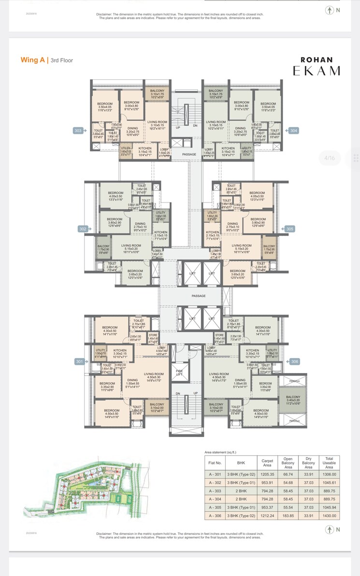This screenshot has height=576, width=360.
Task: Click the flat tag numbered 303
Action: pyautogui.click(x=78, y=130)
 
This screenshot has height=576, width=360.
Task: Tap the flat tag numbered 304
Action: pyautogui.click(x=294, y=130)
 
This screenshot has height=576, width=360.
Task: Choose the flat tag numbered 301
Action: pyautogui.click(x=79, y=361)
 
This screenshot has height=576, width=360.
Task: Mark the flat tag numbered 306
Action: pyautogui.click(x=294, y=361)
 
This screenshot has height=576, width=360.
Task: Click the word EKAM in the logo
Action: pyautogui.click(x=316, y=71)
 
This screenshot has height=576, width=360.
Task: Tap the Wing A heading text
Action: pyautogui.click(x=32, y=60)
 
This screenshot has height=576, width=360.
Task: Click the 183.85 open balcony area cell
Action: pyautogui.click(x=288, y=516)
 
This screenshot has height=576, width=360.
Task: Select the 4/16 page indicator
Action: pyautogui.click(x=330, y=158)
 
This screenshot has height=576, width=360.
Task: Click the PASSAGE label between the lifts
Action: pyautogui.click(x=198, y=296)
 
